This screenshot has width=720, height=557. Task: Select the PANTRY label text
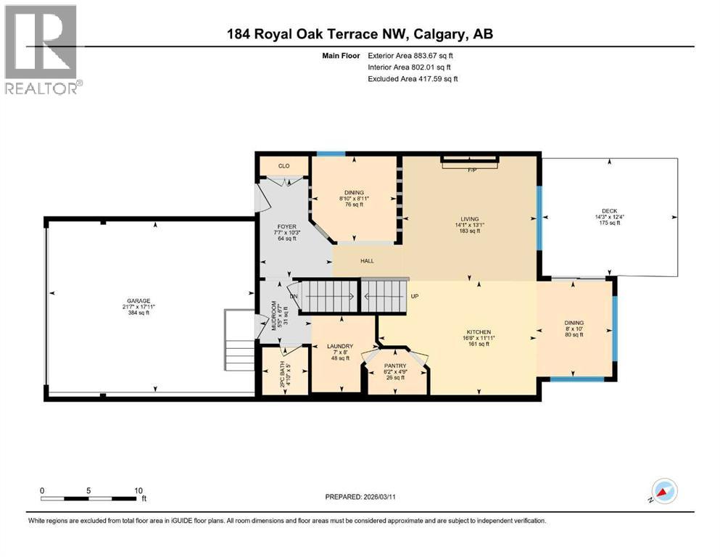coord(396,366)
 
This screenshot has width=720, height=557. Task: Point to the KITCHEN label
coord(479,332)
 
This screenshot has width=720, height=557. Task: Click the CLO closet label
coord(284,166)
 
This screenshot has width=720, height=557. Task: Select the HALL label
coord(368,260)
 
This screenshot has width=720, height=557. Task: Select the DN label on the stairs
coord(294,296)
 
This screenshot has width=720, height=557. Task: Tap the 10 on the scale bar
coord(138,490)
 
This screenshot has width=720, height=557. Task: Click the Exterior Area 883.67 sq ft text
coord(413,56)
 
